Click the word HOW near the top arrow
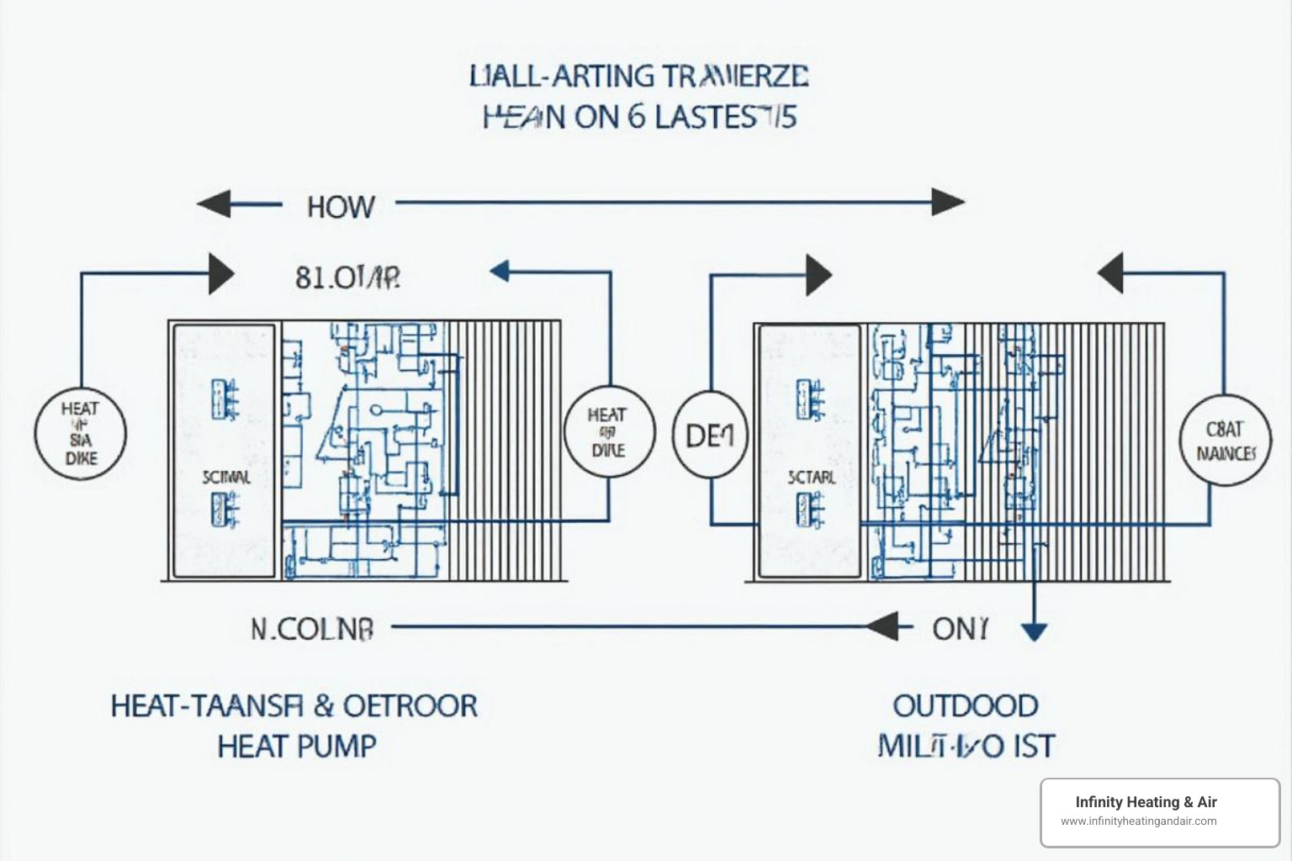[x=341, y=207]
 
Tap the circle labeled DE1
[x=711, y=435]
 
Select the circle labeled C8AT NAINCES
[x=1226, y=441]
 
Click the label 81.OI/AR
[x=347, y=277]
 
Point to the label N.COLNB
[x=312, y=629]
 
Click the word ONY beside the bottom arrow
[x=960, y=628]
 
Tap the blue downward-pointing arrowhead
[x=1034, y=632]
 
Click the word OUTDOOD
[x=966, y=705]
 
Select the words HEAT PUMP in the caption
[x=297, y=746]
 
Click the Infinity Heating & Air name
[x=1146, y=802]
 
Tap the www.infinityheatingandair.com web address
[x=1138, y=821]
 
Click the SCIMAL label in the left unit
[x=225, y=478]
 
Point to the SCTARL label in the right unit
[x=812, y=478]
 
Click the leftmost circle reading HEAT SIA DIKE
[x=80, y=435]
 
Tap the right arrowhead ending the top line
[x=948, y=203]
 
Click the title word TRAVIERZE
[x=735, y=77]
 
